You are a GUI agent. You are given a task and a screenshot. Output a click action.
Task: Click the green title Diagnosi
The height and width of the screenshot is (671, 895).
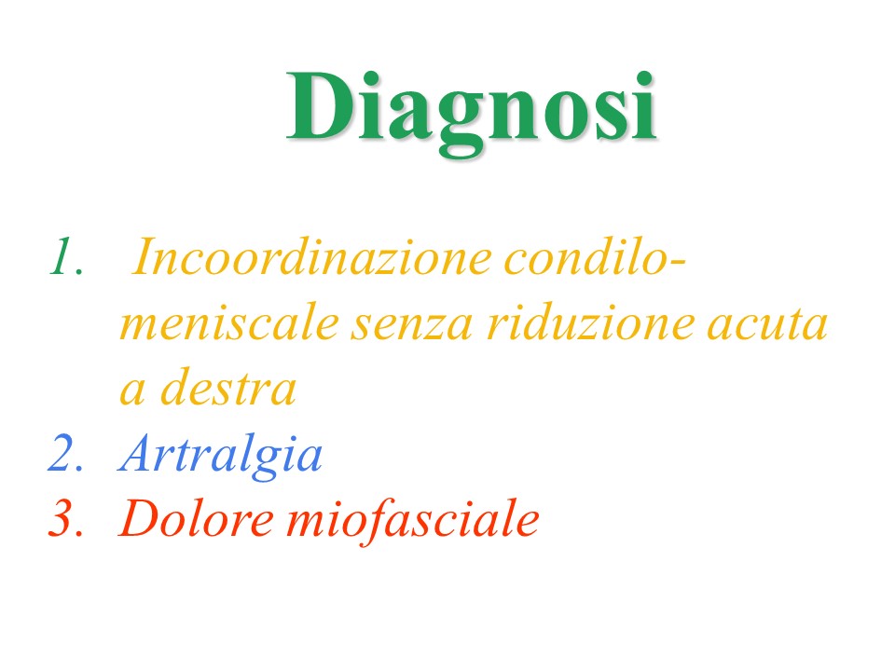[472, 112]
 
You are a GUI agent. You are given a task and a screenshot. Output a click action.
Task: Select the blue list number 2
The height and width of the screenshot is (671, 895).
[65, 454]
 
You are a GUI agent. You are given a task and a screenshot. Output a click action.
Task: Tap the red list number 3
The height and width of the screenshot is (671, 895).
[65, 518]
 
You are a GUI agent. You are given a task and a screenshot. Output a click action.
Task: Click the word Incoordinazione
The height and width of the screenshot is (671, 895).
[311, 256]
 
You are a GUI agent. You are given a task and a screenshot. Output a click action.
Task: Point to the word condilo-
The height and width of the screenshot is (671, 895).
[596, 256]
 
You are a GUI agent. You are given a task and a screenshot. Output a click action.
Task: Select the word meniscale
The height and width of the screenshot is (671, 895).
[229, 323]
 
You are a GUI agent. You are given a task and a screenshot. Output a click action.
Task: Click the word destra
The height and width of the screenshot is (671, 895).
[228, 388]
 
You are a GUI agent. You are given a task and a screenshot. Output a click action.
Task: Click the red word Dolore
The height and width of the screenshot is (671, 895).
[196, 518]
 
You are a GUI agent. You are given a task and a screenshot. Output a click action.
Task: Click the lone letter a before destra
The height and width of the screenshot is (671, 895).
[132, 393]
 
